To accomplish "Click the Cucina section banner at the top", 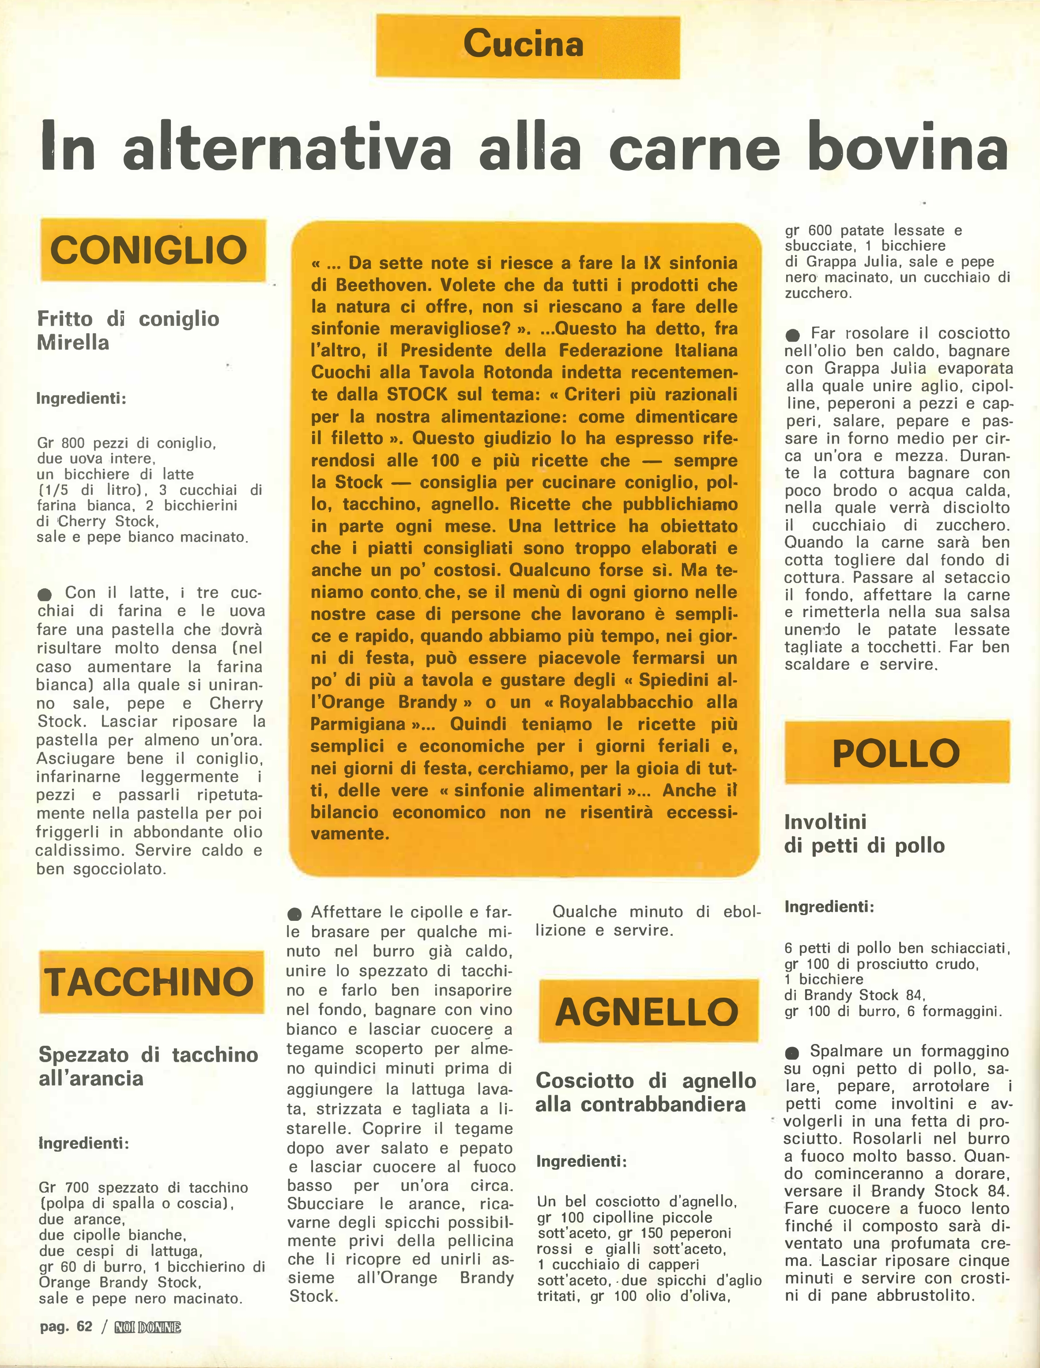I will click(528, 46).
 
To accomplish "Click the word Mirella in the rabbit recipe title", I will click(72, 342).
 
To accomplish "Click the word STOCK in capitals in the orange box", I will click(417, 394).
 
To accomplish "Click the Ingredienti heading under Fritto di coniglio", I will click(81, 398).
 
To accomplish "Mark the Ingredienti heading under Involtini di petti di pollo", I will click(829, 907).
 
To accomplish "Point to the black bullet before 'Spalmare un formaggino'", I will click(792, 1052).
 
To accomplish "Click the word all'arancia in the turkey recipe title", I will click(91, 1078).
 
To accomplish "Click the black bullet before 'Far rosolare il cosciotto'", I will click(792, 335).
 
